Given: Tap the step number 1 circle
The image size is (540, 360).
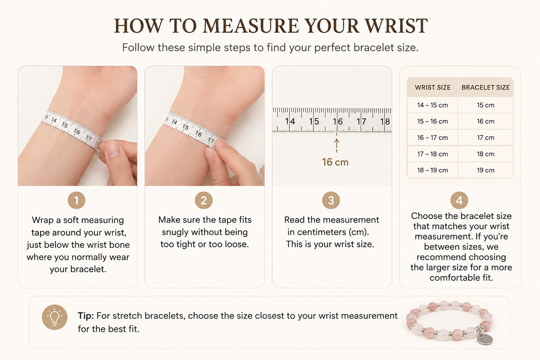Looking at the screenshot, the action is pyautogui.click(x=76, y=200).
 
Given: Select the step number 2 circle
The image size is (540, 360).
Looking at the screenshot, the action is pyautogui.click(x=204, y=200).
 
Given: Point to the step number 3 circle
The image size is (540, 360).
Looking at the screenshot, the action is pyautogui.click(x=331, y=200).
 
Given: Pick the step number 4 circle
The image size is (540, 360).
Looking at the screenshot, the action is pyautogui.click(x=459, y=200).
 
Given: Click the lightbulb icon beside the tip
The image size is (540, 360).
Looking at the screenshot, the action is pyautogui.click(x=54, y=317).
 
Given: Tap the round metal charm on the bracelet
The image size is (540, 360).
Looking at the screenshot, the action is pyautogui.click(x=485, y=339).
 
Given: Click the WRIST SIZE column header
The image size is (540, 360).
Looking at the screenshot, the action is pyautogui.click(x=432, y=87).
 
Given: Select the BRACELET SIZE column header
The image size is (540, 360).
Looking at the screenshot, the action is pyautogui.click(x=486, y=87).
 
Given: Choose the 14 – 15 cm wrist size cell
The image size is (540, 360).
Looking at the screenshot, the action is pyautogui.click(x=432, y=105).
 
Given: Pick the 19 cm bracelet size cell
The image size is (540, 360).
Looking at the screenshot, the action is pyautogui.click(x=486, y=170).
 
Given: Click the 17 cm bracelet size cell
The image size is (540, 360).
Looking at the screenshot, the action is pyautogui.click(x=486, y=138).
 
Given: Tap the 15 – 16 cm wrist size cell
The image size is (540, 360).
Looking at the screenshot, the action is pyautogui.click(x=432, y=121).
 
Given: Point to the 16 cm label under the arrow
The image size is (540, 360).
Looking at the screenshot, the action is pyautogui.click(x=335, y=162).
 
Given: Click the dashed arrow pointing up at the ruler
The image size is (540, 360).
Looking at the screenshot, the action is pyautogui.click(x=336, y=145).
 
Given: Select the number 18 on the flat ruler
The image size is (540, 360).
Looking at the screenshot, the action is pyautogui.click(x=385, y=121).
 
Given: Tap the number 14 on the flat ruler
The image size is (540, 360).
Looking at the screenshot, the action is pyautogui.click(x=290, y=121).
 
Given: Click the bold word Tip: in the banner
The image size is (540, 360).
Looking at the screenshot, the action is pyautogui.click(x=86, y=316).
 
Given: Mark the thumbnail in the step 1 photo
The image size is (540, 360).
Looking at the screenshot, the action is pyautogui.click(x=113, y=149).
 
